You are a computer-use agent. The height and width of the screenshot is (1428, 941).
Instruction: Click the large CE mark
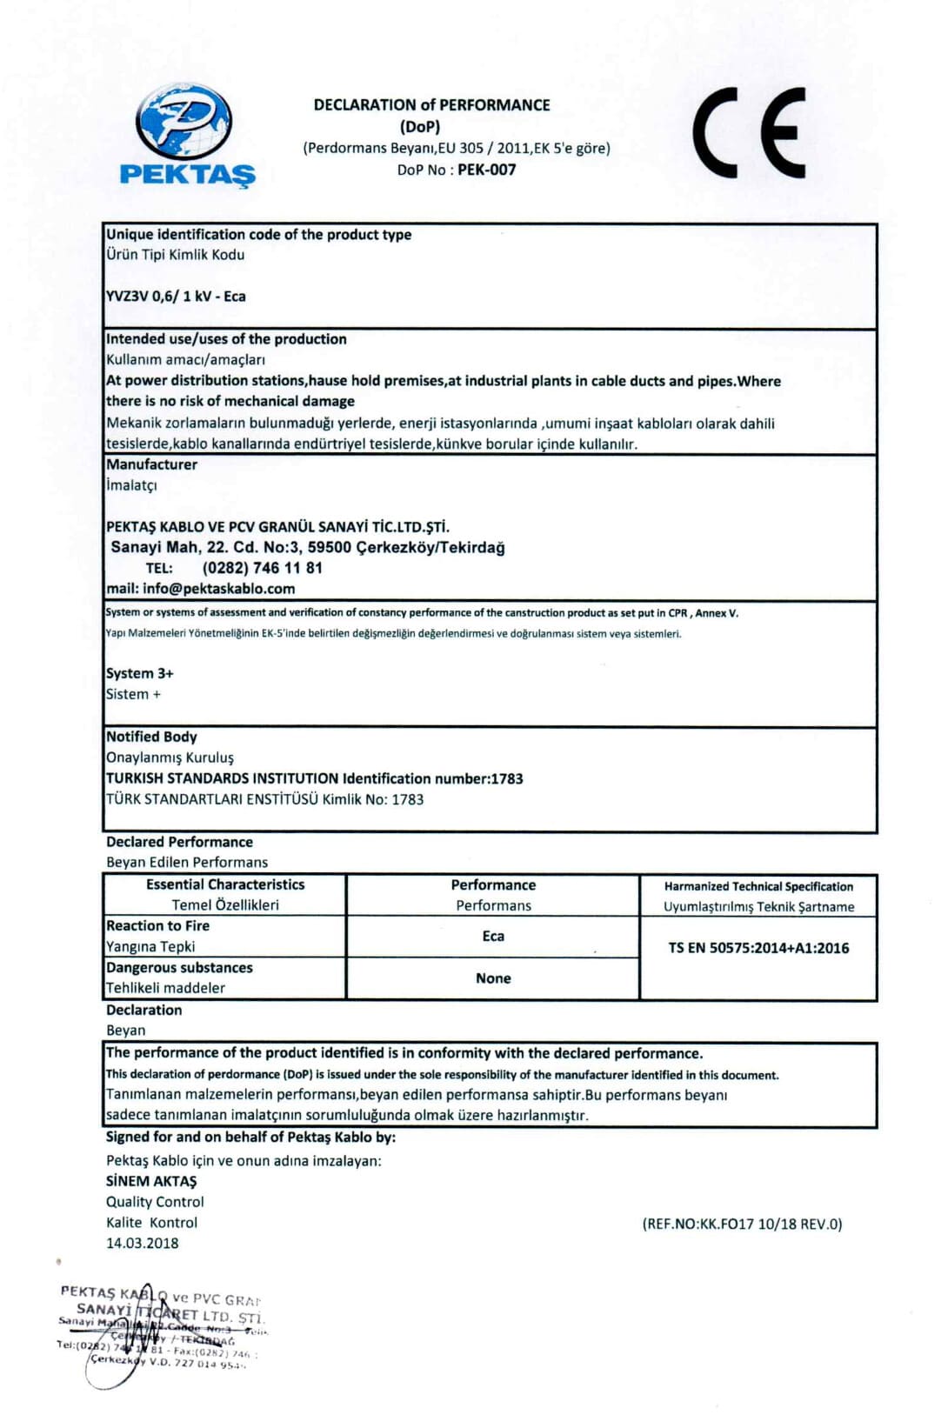coord(749,133)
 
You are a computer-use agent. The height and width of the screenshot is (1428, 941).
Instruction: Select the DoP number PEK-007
coord(486,170)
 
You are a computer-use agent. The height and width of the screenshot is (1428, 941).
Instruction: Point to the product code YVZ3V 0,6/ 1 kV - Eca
coord(176,296)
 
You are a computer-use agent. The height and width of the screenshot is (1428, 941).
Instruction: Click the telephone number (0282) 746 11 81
coord(262,568)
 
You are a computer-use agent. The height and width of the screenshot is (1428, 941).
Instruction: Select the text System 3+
coord(139,673)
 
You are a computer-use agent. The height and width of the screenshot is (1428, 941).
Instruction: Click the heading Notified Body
coord(151,737)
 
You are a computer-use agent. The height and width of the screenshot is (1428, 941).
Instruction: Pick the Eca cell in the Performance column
coord(493,936)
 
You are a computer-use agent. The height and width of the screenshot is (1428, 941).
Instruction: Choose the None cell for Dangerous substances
coord(493,978)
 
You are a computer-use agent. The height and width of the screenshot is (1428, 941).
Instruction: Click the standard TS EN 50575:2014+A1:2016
coord(758,948)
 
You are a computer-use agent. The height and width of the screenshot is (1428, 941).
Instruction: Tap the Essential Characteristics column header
coord(225,884)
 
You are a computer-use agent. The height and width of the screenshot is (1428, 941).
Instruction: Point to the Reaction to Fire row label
coord(157,926)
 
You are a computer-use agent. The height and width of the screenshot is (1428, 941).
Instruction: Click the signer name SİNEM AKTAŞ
coord(151,1181)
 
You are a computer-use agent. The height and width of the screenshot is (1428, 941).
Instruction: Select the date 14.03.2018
coord(143,1243)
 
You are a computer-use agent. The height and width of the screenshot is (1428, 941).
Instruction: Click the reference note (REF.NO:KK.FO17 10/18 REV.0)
coord(742,1224)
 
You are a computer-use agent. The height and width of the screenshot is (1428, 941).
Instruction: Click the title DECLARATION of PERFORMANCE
coord(431,105)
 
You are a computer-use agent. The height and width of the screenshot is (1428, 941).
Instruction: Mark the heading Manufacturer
coord(151,464)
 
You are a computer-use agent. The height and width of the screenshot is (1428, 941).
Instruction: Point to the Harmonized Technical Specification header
coord(758,886)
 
